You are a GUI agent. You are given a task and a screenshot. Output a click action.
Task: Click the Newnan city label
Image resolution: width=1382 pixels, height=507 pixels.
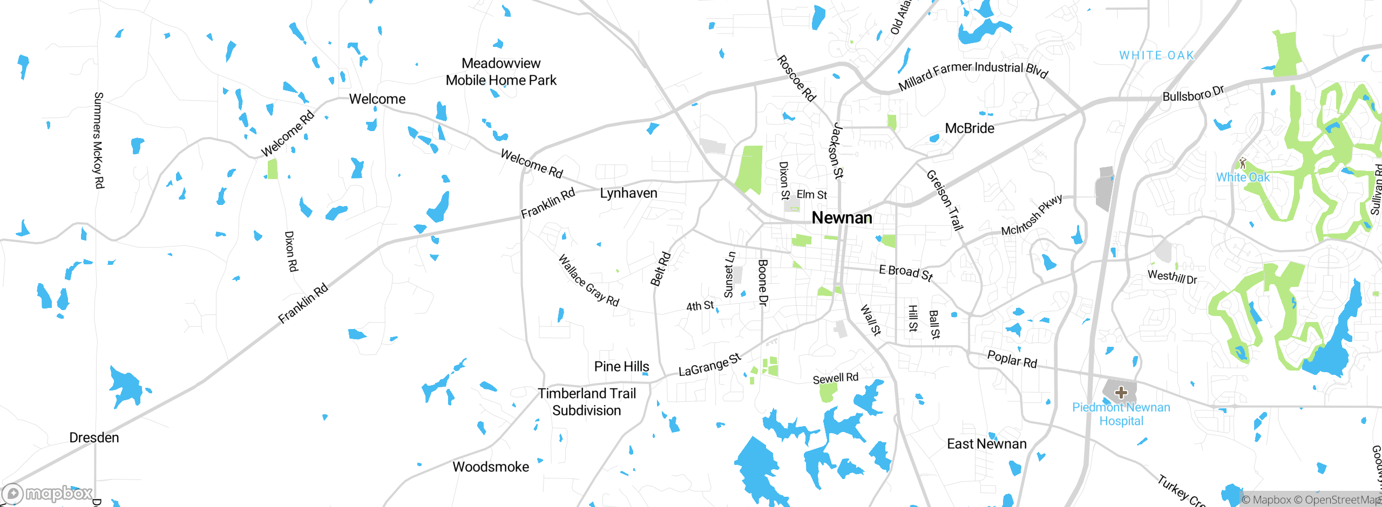842,218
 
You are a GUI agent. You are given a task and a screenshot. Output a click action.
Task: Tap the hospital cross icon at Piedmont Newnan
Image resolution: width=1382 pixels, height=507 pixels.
1121,392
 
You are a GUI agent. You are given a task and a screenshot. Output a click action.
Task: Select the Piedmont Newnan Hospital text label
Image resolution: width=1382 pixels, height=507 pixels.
1121,414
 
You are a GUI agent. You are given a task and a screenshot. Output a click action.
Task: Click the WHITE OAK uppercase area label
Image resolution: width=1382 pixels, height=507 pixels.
1156,56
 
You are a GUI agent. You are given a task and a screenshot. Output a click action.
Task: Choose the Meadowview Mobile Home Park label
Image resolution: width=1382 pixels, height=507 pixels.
501,72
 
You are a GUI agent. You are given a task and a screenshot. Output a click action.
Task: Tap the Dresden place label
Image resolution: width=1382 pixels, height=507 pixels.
94,437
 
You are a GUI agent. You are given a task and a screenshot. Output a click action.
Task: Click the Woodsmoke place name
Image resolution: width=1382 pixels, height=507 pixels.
490,467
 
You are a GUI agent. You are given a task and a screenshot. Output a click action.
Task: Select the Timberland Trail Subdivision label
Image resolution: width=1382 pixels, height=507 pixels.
587,402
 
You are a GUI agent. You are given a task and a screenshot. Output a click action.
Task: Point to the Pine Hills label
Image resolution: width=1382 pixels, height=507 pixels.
621,367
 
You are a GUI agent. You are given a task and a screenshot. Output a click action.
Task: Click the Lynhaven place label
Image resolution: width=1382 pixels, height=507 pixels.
628,193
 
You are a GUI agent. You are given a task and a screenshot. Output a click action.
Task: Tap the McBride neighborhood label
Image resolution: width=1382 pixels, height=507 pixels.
969,128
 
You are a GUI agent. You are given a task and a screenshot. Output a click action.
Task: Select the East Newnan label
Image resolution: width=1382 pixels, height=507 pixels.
986,444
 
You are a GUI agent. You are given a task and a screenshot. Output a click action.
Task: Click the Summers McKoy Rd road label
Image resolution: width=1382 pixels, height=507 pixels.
98,140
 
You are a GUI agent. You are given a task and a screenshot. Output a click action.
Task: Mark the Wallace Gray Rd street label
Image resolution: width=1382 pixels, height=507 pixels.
588,280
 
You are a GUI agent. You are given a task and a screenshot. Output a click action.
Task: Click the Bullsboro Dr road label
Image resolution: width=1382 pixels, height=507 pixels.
1193,93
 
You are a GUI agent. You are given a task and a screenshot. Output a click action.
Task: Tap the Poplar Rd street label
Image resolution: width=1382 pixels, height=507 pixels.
1012,359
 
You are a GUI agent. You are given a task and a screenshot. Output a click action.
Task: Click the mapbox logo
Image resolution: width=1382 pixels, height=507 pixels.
48,493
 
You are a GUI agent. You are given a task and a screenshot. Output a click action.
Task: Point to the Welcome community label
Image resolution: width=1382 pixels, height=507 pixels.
377,99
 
